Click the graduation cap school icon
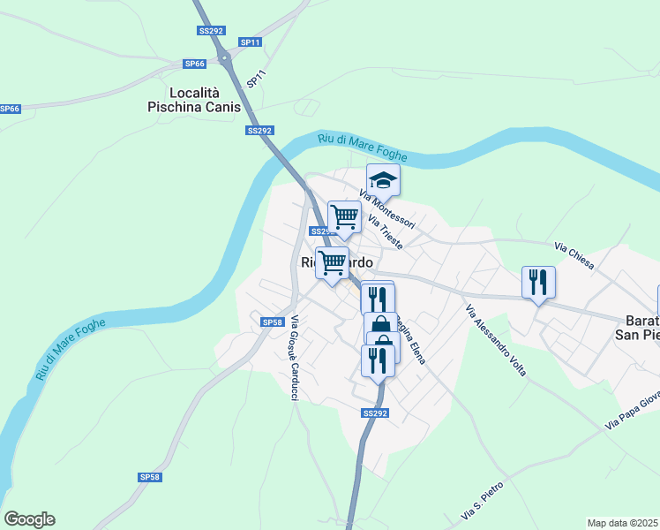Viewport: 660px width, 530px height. click(383, 181)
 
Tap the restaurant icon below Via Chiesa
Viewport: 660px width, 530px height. click(538, 283)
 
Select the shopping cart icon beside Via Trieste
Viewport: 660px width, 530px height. click(344, 216)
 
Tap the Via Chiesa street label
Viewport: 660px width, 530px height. click(574, 256)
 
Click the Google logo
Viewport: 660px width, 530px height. click(29, 519)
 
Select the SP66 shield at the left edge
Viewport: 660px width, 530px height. click(9, 109)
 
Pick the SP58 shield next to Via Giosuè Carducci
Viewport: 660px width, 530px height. click(272, 322)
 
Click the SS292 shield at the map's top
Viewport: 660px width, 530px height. click(209, 30)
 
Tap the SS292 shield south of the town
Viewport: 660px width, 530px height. click(375, 413)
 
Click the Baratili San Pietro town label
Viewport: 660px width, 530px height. click(636, 328)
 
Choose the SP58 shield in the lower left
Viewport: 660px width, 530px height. click(150, 477)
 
